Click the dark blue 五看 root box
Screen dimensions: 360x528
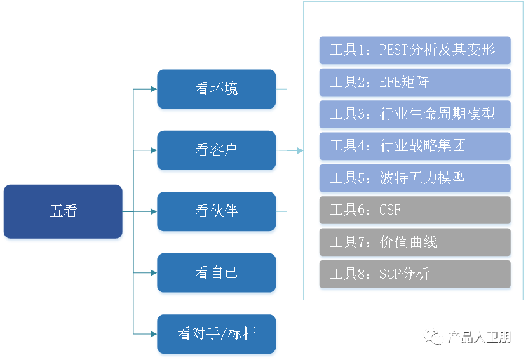63,211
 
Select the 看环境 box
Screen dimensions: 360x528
216,89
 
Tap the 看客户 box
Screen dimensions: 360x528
216,150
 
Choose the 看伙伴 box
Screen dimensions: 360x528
216,211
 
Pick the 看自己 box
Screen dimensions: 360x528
216,273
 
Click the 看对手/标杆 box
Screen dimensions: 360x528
216,334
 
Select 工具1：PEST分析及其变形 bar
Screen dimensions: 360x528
415,50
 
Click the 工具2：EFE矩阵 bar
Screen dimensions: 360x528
415,82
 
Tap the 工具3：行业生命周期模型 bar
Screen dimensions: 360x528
415,114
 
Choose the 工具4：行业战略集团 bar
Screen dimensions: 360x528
415,146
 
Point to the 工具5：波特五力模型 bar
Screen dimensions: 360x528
415,178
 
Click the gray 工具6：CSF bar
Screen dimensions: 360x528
415,210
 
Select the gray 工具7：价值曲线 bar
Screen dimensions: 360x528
415,242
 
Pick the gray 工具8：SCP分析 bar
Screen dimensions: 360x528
415,274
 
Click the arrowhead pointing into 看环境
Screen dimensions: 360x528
153,89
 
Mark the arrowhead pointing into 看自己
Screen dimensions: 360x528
153,273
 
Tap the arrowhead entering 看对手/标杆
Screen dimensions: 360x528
153,334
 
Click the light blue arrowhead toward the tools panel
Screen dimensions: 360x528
299,150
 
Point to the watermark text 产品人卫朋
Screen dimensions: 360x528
478,338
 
